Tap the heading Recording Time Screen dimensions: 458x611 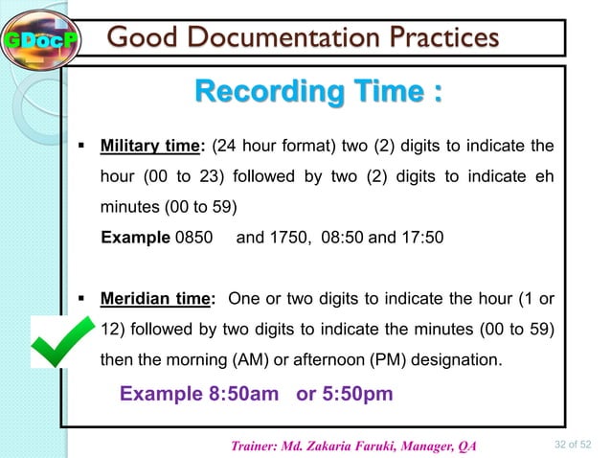pyautogui.click(x=319, y=94)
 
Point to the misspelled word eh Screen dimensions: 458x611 pyautogui.click(x=542, y=176)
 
